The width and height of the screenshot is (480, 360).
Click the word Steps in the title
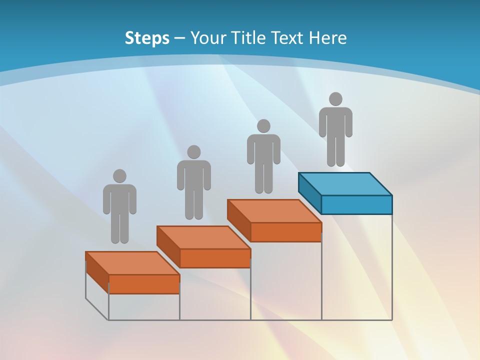point(147,38)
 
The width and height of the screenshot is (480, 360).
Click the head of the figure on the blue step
point(335,99)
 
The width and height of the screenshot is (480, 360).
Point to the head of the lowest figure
point(119,176)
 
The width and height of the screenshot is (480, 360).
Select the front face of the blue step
point(356,204)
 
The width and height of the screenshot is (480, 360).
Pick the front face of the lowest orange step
point(144,284)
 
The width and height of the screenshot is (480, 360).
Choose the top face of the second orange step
point(203,237)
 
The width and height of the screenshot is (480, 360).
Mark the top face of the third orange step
point(274,211)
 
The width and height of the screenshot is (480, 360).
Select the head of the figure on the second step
point(193,152)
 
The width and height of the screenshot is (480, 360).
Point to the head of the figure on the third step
point(263,126)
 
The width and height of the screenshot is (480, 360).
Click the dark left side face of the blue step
point(309,192)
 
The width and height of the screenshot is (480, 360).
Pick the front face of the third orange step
point(285,232)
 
